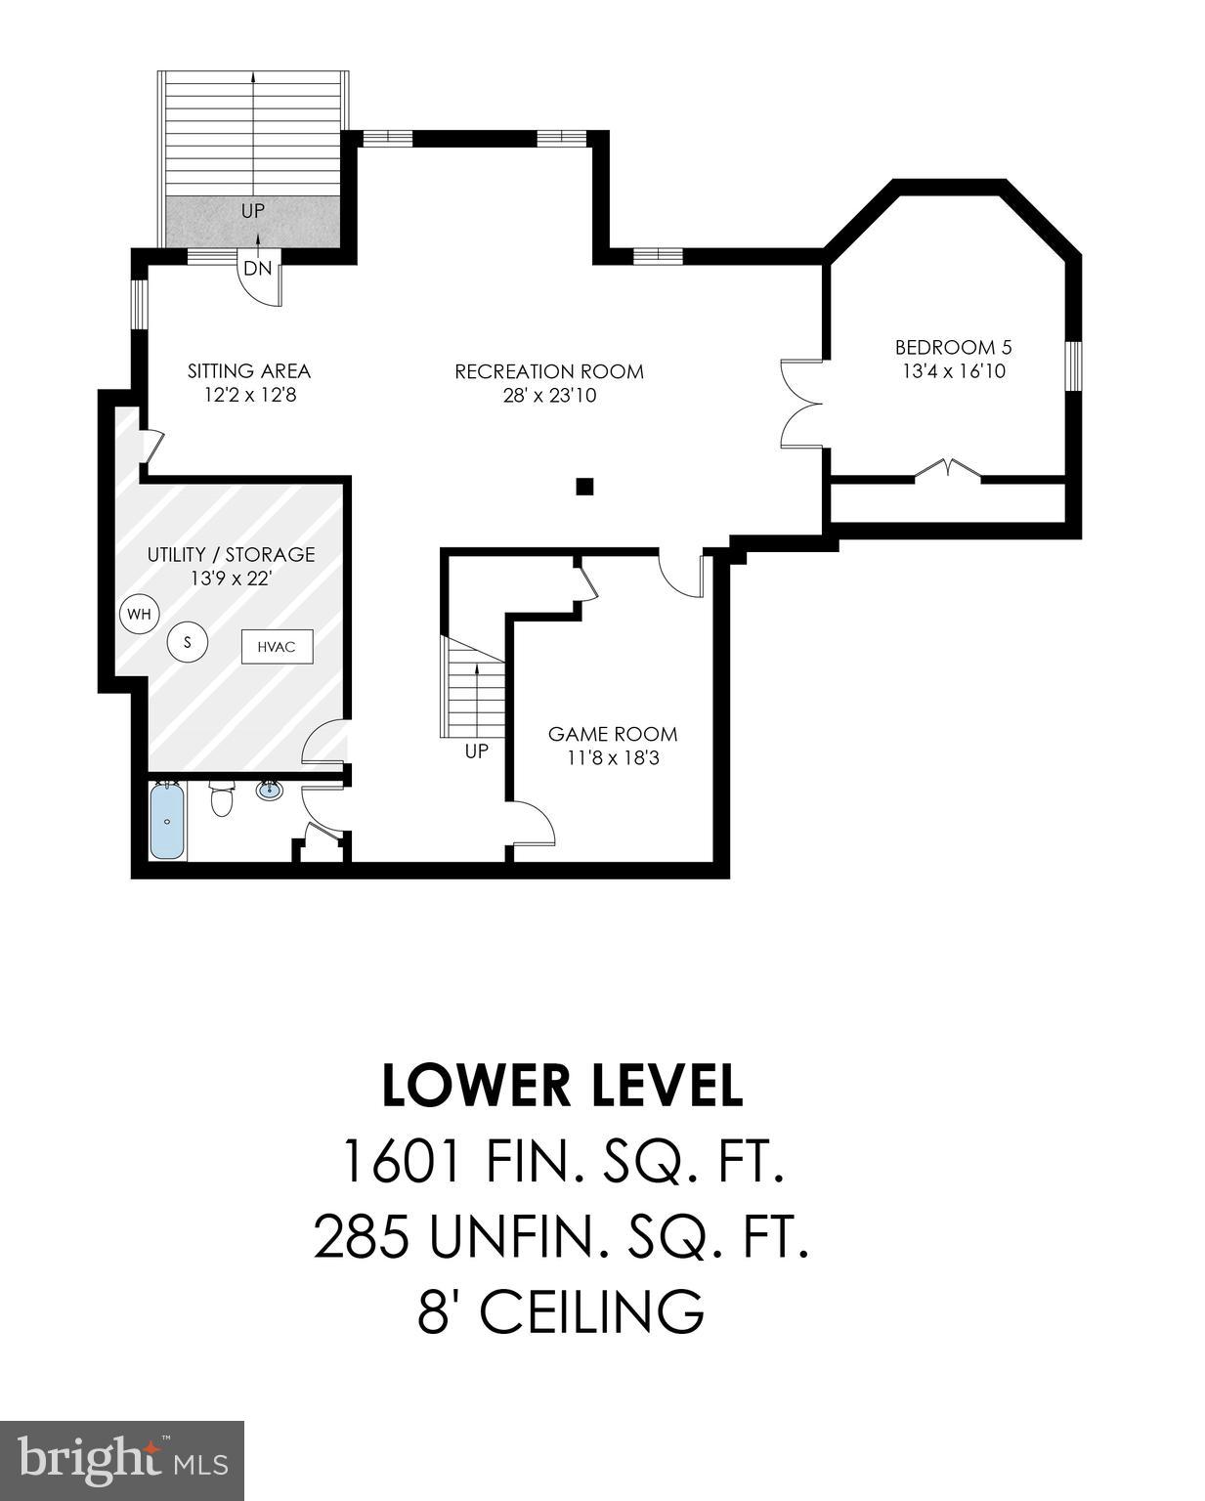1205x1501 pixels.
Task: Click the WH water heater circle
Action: tap(139, 615)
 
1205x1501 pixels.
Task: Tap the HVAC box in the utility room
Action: tap(278, 646)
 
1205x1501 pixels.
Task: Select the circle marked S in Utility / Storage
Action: tap(189, 642)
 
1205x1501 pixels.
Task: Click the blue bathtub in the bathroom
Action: tap(167, 821)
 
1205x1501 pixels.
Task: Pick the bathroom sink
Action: tap(270, 790)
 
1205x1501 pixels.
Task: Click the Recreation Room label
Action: tap(548, 371)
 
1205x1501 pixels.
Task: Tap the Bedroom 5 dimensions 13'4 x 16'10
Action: tap(953, 371)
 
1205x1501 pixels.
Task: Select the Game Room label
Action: tap(612, 734)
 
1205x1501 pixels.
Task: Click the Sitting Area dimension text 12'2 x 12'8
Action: tap(249, 395)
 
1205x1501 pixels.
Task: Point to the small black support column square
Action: tap(584, 486)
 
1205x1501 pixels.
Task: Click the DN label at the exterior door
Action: tap(257, 269)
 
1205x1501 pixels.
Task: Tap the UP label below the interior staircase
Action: tap(476, 751)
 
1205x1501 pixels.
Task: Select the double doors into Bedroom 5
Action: tap(801, 404)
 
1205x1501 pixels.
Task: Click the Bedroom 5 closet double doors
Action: tap(947, 470)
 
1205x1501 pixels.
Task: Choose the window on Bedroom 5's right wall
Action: tap(1073, 366)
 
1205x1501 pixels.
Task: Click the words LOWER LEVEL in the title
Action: tap(562, 1087)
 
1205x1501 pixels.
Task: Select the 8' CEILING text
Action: tap(561, 1311)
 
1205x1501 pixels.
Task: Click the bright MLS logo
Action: tap(122, 1461)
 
